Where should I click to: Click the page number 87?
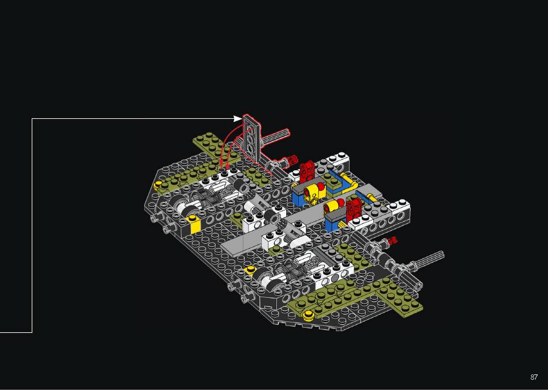pos(534,377)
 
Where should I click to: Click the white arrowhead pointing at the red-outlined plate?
pos(237,118)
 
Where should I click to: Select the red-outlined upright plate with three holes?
pos(252,138)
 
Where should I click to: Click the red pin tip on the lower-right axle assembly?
pos(392,240)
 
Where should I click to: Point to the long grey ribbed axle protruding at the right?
pos(429,259)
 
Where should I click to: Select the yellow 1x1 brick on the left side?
pos(193,224)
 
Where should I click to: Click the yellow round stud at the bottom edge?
pos(308,315)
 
